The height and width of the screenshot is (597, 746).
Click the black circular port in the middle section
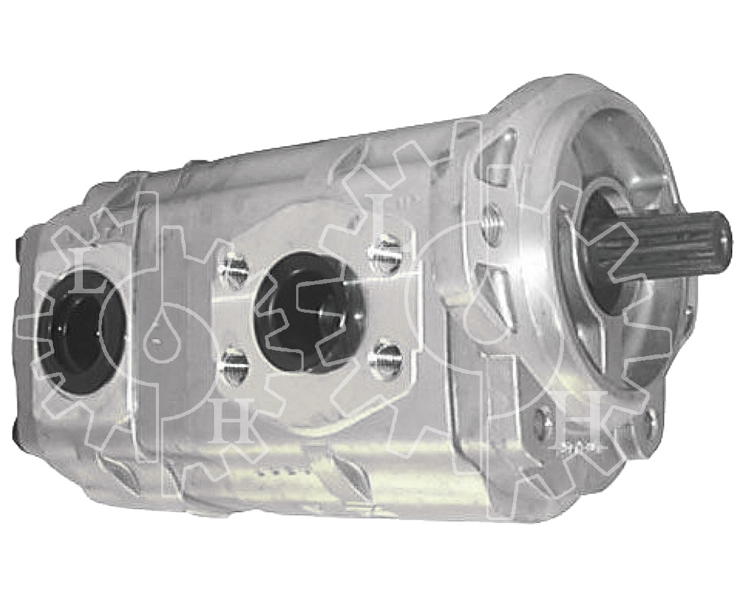click(x=310, y=312)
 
